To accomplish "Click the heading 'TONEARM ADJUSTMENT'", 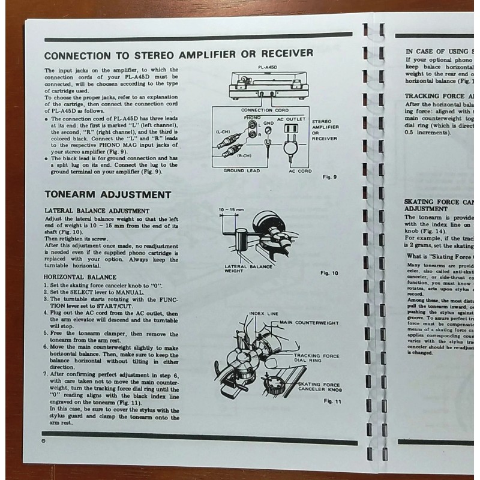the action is pyautogui.click(x=107, y=195).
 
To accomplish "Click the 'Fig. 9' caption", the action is pyautogui.click(x=330, y=178).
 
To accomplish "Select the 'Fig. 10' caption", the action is pyautogui.click(x=330, y=273).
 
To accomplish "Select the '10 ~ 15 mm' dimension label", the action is pyautogui.click(x=228, y=209).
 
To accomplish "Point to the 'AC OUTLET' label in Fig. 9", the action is pyautogui.click(x=288, y=119).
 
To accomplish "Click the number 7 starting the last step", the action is pyautogui.click(x=45, y=373).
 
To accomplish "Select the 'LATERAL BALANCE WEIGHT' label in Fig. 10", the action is pyautogui.click(x=247, y=268).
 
